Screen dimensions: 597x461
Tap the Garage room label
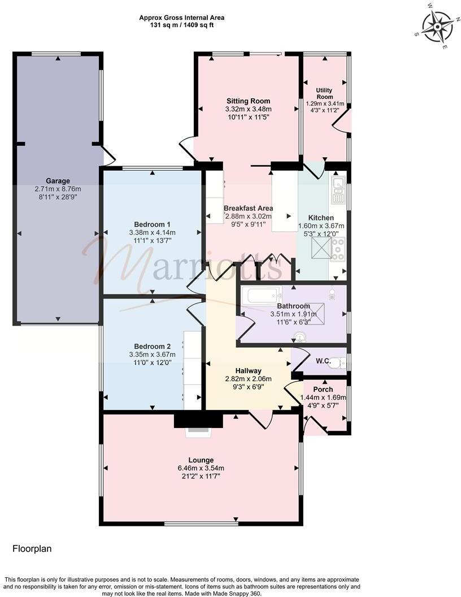[58, 181]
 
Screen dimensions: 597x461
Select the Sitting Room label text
[248, 101]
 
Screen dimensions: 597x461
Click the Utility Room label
[324, 94]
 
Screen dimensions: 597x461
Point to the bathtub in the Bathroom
[260, 295]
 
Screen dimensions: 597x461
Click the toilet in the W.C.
[338, 363]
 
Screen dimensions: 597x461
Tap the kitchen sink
[338, 185]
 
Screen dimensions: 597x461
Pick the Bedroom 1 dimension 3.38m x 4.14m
[153, 232]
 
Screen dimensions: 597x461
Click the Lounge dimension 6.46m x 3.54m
[202, 468]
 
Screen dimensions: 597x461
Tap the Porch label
[323, 390]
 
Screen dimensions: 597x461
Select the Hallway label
[249, 371]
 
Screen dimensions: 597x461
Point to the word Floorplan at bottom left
[32, 548]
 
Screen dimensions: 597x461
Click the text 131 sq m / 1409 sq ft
[177, 25]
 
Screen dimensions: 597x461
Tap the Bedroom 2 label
[152, 347]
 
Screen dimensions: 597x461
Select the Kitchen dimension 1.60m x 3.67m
[321, 226]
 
